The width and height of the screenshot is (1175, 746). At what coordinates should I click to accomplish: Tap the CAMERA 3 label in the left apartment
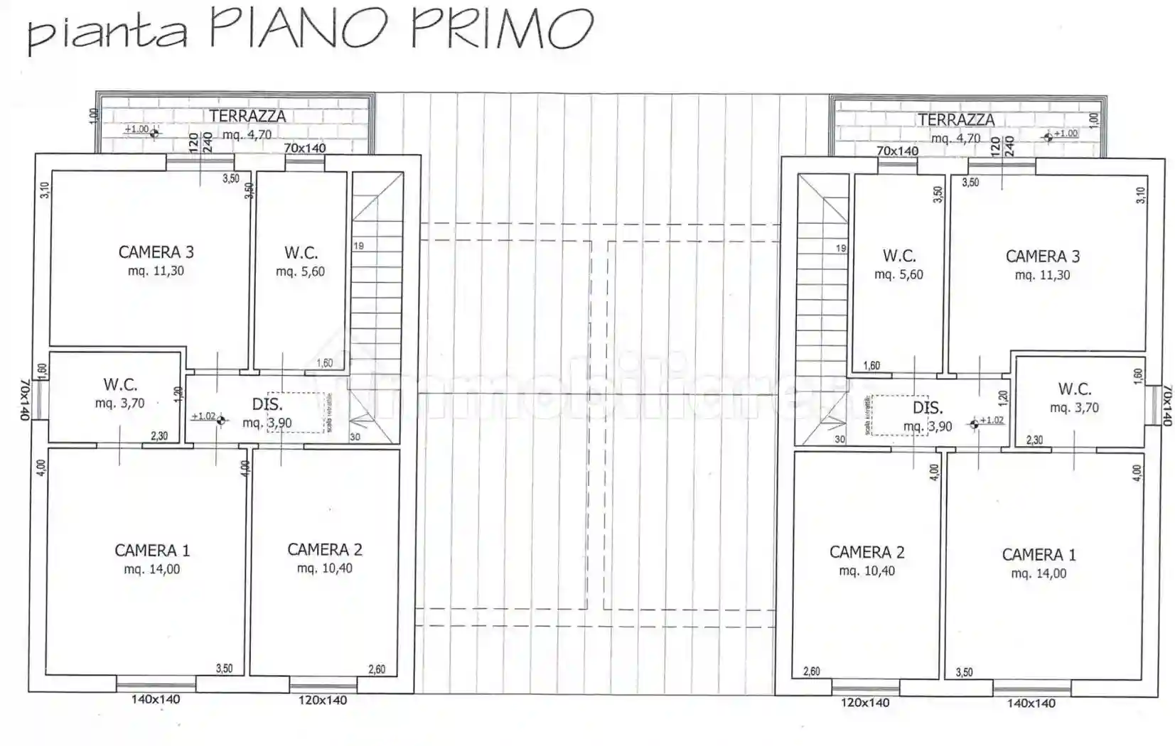[x=156, y=252]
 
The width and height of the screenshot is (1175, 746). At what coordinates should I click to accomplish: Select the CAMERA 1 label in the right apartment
[x=1039, y=555]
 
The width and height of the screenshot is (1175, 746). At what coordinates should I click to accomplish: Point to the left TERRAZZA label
[x=247, y=117]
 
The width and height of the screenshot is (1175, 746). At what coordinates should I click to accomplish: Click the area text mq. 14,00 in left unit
[x=151, y=570]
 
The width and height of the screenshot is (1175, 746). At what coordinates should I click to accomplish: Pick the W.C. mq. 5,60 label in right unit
[x=898, y=264]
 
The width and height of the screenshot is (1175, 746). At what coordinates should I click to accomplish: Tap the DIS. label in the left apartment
[x=267, y=405]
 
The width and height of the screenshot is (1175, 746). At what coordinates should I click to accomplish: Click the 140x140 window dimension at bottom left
[x=155, y=700]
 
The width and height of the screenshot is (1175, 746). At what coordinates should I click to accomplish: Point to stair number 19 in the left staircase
[x=358, y=246]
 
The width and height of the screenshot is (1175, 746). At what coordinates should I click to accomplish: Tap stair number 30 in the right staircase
[x=839, y=439]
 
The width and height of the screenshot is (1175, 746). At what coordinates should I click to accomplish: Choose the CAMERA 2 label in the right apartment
[x=867, y=552]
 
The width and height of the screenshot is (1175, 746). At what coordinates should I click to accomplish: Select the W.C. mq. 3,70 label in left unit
[x=120, y=394]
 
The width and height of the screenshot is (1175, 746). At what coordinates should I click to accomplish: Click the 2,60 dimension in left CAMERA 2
[x=377, y=669]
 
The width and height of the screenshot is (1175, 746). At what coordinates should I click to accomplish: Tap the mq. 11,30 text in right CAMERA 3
[x=1042, y=276]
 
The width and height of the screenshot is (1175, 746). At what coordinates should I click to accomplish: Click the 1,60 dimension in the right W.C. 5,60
[x=871, y=366]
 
